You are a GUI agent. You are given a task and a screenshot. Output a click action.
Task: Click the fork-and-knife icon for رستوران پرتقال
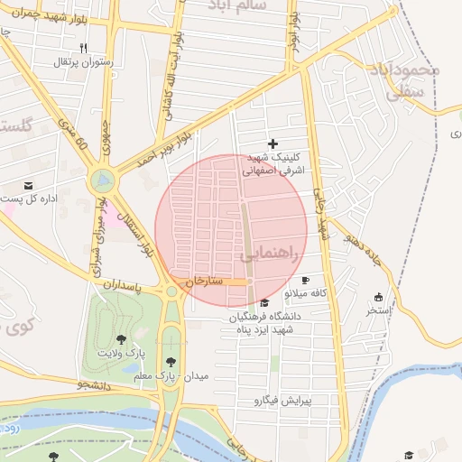(84, 48)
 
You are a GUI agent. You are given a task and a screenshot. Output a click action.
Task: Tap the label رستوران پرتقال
(83, 62)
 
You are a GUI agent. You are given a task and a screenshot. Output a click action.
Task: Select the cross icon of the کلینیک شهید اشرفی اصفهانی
(273, 143)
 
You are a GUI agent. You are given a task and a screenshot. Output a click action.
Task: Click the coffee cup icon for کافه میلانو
(306, 281)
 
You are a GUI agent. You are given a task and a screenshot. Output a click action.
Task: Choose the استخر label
(378, 310)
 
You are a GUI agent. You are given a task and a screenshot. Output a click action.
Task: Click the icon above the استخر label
(378, 297)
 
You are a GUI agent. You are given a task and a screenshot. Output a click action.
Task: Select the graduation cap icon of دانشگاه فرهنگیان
(263, 303)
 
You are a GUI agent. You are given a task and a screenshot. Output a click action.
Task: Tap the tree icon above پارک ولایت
(121, 339)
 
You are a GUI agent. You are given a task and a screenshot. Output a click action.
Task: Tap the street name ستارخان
(204, 282)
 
